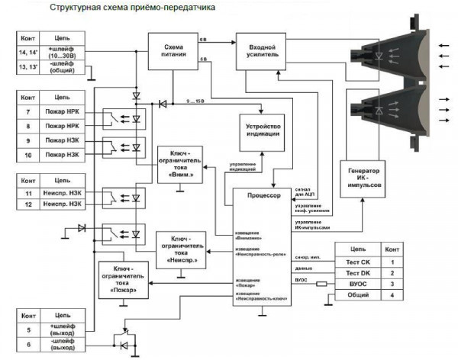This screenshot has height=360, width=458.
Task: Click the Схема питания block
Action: tap(173, 50)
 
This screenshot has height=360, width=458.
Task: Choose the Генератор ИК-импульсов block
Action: tap(363, 180)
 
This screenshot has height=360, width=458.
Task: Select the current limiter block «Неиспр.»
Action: tap(181, 248)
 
